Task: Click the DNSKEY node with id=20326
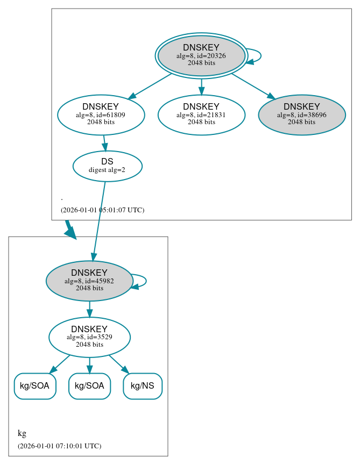pos(201,55)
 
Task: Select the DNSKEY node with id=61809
pos(101,114)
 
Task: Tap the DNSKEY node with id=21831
pos(201,114)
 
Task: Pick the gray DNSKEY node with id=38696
pos(301,114)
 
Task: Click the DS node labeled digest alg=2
pos(107,166)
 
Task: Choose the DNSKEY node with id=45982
pos(89,281)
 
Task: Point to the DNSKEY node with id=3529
pos(89,337)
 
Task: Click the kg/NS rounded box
pos(143,386)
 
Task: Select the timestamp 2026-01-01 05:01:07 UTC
pos(102,210)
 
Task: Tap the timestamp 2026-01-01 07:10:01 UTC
pos(59,446)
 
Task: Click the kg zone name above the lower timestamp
pos(22,433)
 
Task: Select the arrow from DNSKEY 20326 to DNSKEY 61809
pos(149,86)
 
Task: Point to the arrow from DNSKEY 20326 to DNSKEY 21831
pos(201,85)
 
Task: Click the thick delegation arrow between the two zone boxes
pos(69,229)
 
